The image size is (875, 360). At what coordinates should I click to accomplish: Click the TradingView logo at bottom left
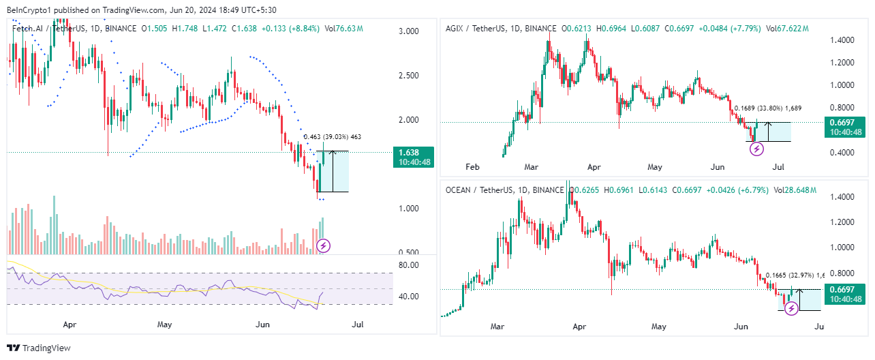coord(39,348)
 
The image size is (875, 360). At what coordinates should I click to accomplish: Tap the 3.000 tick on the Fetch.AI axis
coord(410,31)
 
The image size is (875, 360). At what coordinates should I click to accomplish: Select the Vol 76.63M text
coord(344,29)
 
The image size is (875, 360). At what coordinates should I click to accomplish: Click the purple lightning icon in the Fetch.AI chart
coord(324,245)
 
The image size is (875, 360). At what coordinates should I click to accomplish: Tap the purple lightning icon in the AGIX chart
coord(756,149)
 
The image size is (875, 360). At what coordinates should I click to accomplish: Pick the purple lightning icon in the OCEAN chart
coord(791,309)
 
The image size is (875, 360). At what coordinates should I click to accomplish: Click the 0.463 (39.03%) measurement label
coord(332,137)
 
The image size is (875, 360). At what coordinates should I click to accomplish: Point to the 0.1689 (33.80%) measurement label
coord(767,108)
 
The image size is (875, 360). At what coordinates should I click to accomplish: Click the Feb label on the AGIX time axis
coord(472,166)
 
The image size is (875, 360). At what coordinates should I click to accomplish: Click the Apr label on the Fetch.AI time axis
coord(68,325)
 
